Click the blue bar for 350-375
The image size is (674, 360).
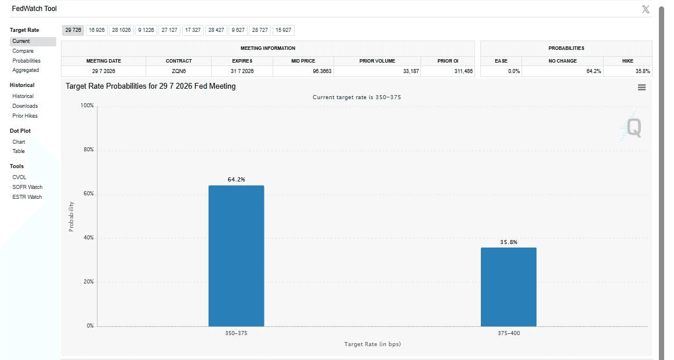coord(236,256)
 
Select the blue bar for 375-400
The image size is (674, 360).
coord(509,287)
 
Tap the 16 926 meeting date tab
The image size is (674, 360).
coord(96,30)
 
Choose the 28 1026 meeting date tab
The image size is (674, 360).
coord(121,30)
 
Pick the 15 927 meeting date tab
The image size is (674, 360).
coord(283,30)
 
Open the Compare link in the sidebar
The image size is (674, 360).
coord(23,50)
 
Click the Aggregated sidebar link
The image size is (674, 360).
coord(26,70)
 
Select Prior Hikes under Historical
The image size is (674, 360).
coord(25,115)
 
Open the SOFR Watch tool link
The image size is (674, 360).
coord(27,187)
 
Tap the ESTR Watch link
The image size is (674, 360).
coord(27,197)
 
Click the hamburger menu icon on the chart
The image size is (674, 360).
coord(642,87)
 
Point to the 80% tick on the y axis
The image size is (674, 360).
coord(89,150)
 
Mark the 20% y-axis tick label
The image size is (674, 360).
coord(89,281)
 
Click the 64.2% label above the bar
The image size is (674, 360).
coord(237,180)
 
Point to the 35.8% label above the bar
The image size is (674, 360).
coord(509,242)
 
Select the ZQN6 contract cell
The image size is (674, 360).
coord(179,71)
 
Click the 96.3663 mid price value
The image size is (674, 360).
coord(322,71)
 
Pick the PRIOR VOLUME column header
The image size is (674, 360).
coord(377,61)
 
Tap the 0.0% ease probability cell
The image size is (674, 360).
coord(514,71)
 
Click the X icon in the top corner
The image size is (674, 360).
coord(646,9)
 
